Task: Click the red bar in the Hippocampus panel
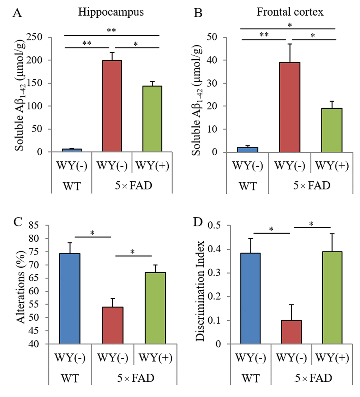pyautogui.click(x=112, y=106)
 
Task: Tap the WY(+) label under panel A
pyautogui.click(x=152, y=165)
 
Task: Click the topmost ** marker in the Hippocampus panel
pyautogui.click(x=112, y=30)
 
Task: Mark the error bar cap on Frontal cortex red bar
pyautogui.click(x=289, y=44)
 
